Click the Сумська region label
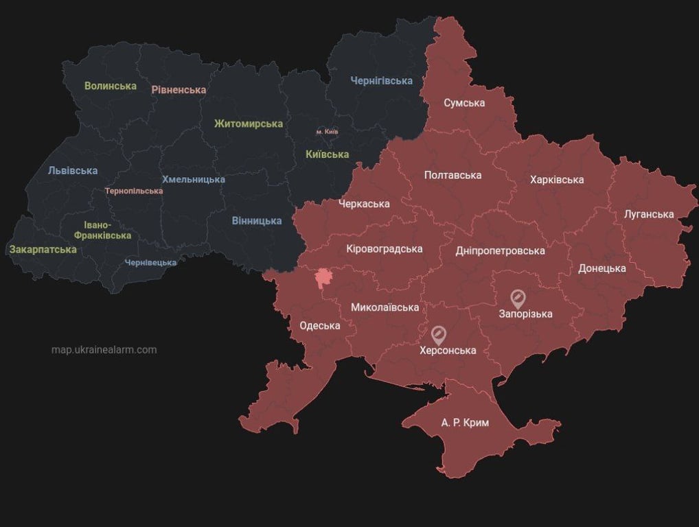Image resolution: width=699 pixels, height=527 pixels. click(x=464, y=103)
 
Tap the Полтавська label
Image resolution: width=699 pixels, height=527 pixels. click(x=452, y=175)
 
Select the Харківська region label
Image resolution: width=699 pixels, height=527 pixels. click(x=557, y=180)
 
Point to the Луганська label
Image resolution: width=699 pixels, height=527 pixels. click(x=649, y=214)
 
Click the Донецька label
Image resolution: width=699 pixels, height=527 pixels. click(x=601, y=268)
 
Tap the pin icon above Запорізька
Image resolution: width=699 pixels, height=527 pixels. click(x=518, y=298)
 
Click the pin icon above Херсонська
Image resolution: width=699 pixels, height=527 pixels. click(x=439, y=334)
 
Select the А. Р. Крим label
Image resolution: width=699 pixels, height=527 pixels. click(x=465, y=423)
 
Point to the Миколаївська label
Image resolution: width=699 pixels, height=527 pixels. click(x=385, y=307)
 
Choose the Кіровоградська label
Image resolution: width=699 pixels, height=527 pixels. click(x=385, y=248)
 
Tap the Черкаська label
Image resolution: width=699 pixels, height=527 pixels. click(x=364, y=204)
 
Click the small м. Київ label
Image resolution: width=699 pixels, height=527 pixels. click(x=327, y=131)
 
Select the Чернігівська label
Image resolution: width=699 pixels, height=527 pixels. click(x=381, y=81)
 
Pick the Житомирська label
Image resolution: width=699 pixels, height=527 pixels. click(x=249, y=124)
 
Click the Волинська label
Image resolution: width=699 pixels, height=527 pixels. click(x=111, y=86)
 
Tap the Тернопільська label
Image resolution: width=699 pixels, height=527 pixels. click(x=134, y=191)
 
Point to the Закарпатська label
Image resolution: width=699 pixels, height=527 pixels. click(x=43, y=249)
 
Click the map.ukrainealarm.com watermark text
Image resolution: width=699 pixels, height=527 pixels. click(x=104, y=350)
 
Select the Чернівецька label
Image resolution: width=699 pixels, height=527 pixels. click(x=150, y=262)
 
